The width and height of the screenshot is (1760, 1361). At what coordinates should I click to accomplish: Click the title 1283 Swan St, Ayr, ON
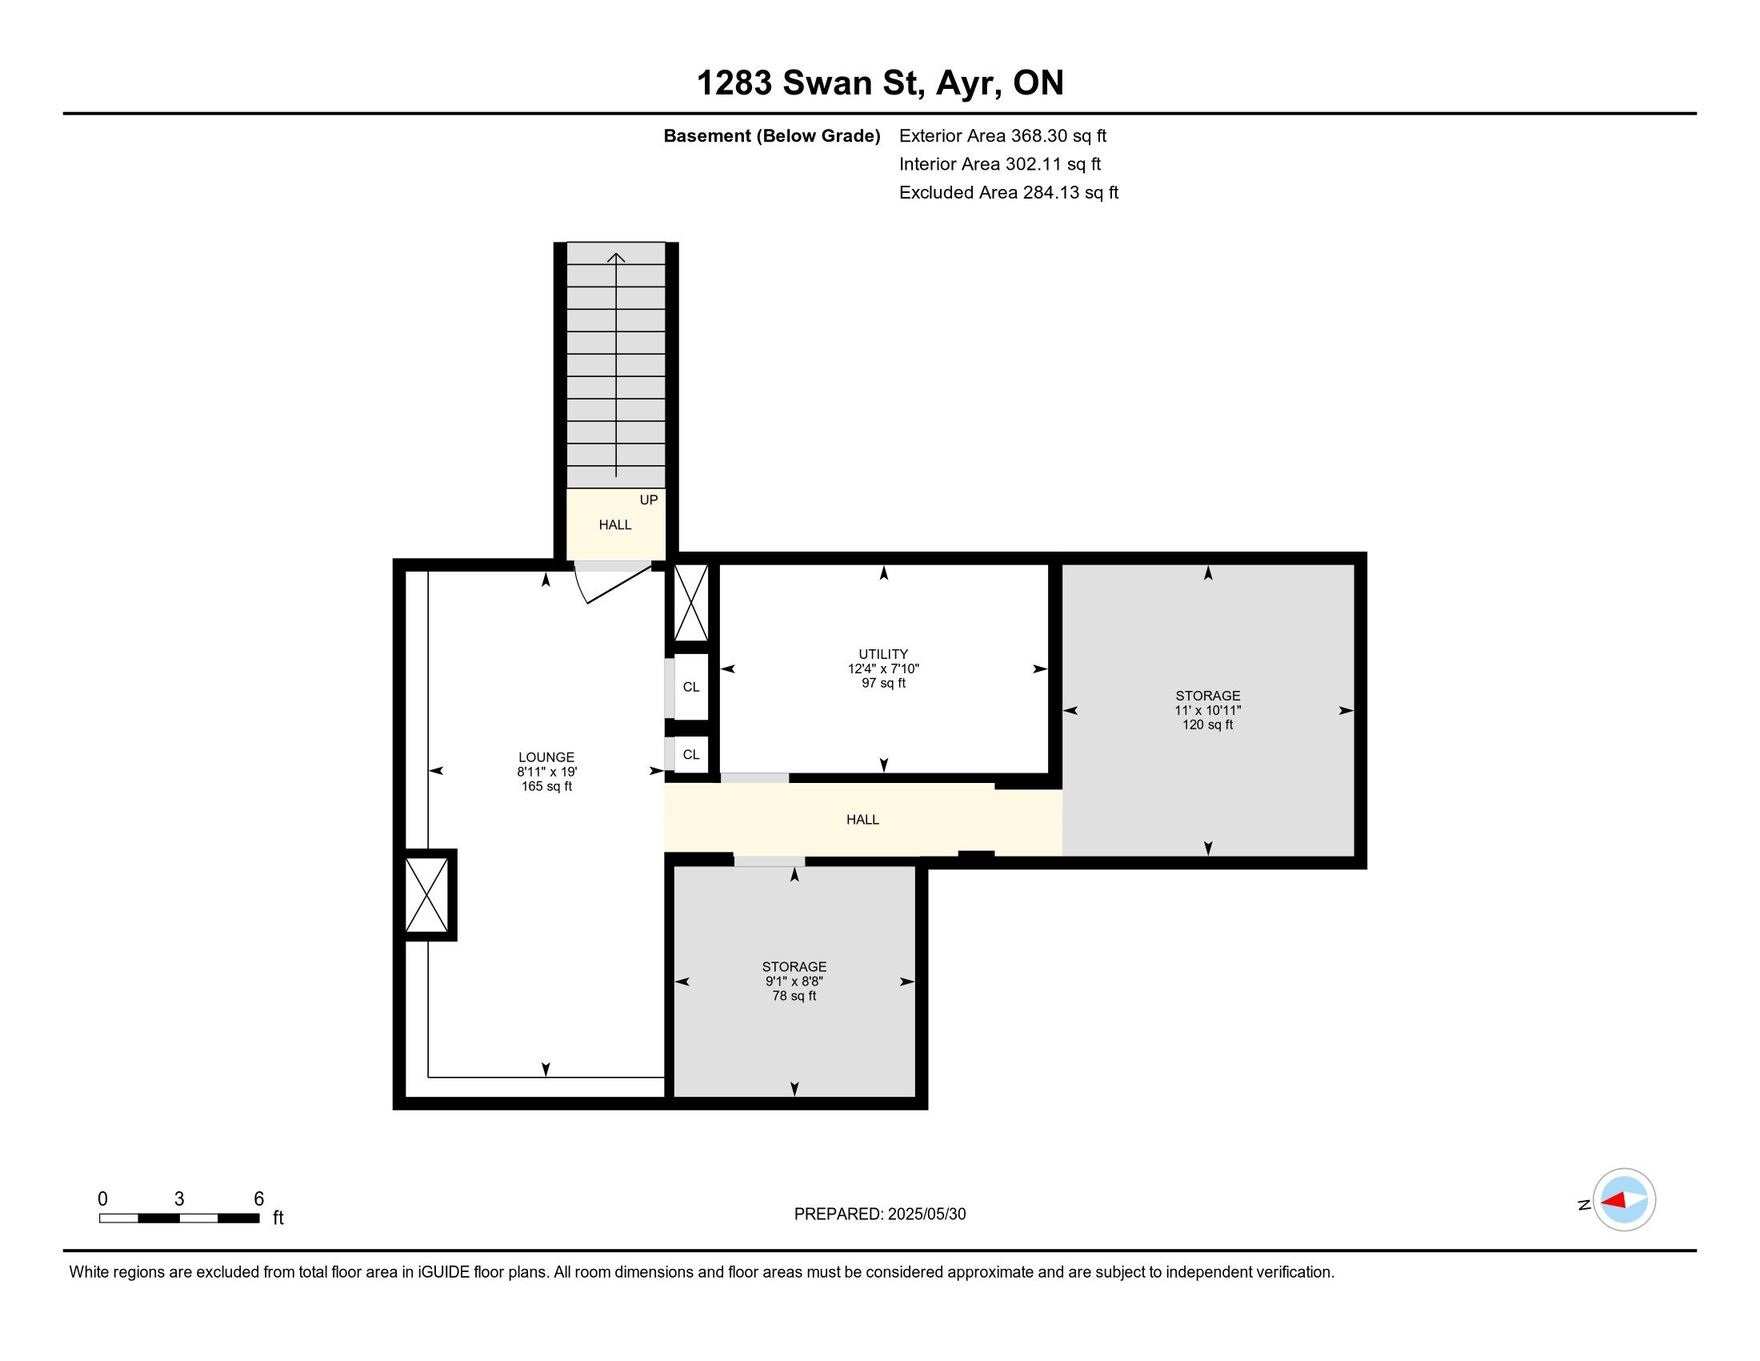[879, 83]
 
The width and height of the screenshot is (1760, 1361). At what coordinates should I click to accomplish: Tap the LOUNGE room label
[546, 757]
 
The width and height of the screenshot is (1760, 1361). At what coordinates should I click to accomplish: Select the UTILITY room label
[883, 654]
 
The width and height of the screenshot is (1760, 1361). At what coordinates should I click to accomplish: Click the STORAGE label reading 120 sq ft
[1207, 695]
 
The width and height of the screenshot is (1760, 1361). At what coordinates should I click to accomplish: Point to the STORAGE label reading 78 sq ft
[794, 966]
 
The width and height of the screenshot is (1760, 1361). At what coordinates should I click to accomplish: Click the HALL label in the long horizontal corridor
[862, 819]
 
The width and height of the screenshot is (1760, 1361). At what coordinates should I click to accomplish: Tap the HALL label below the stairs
[615, 525]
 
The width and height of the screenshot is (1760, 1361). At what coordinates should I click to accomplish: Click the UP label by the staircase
[649, 500]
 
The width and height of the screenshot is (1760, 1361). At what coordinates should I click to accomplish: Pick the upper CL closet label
[691, 687]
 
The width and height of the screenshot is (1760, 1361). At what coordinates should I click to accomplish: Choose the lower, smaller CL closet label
[691, 755]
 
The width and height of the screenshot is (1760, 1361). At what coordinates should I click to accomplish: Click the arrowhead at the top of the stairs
[617, 257]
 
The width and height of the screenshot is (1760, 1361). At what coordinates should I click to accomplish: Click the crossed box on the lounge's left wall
[426, 895]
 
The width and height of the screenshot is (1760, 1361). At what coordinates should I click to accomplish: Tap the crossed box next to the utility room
[690, 603]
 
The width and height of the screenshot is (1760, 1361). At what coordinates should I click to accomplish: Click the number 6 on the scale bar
[258, 1199]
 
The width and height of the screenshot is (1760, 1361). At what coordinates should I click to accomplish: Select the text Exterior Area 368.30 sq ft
[1002, 136]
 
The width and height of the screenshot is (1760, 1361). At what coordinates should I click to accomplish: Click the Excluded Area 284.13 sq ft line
[1009, 193]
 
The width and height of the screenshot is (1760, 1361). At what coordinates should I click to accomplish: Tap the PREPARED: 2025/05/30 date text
[880, 1214]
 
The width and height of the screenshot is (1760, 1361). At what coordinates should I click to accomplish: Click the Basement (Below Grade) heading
[771, 136]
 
